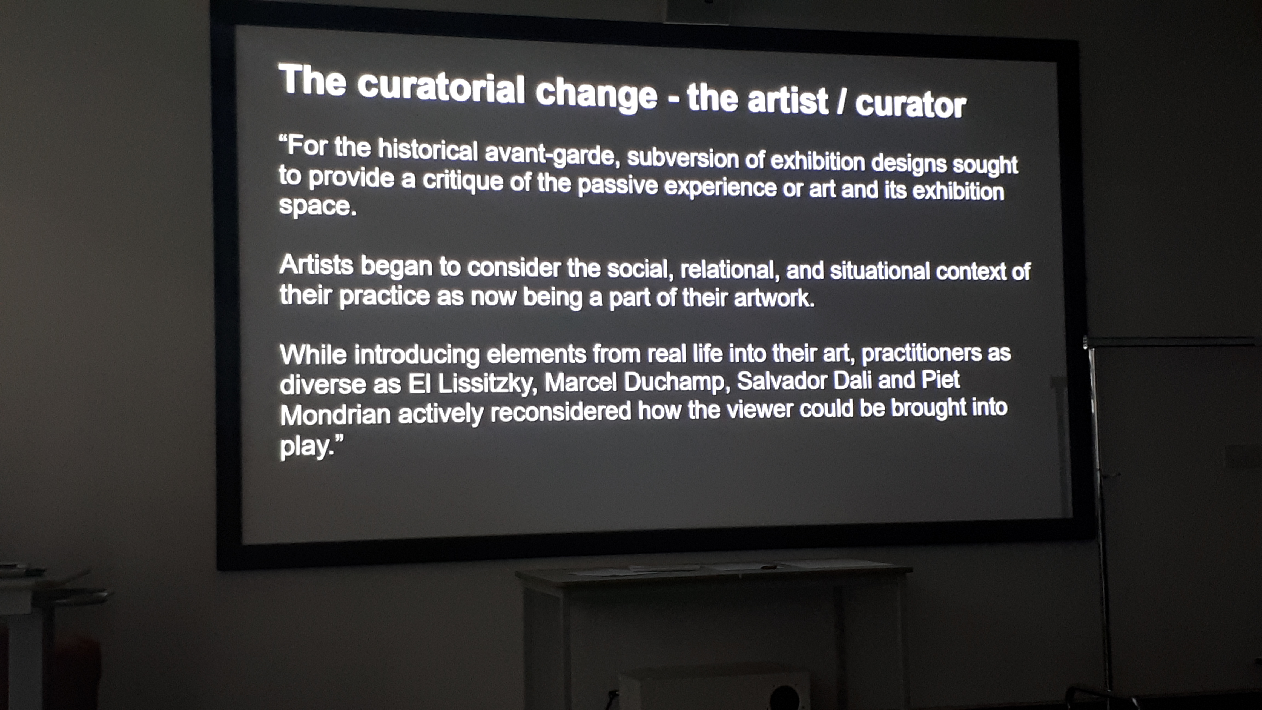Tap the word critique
tap(463, 181)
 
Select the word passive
tap(617, 186)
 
